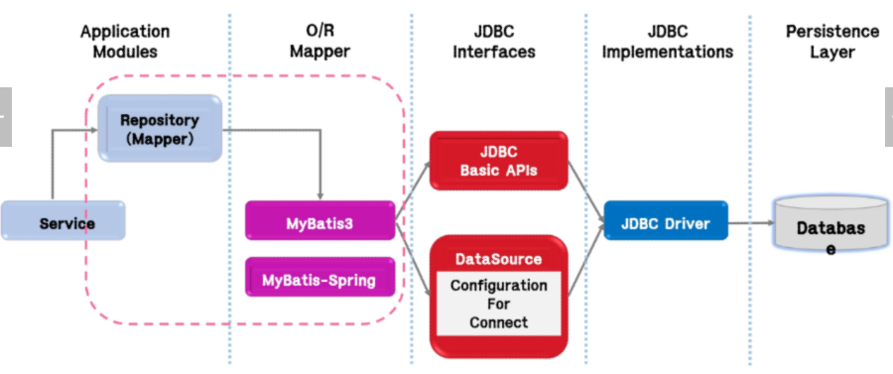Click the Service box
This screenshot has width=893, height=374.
(63, 220)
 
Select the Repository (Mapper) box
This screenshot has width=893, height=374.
(160, 128)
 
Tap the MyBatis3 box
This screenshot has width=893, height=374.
(320, 221)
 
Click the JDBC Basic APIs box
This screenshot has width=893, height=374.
(499, 161)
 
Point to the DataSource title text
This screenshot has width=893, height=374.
(499, 260)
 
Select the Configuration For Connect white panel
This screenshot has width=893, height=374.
(499, 304)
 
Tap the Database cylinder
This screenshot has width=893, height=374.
(830, 222)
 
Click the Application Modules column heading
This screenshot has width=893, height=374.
(125, 42)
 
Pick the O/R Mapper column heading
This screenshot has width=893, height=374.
(320, 42)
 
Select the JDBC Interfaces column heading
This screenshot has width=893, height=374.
(494, 42)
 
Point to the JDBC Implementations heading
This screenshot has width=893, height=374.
(668, 42)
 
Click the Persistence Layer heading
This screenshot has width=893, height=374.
(832, 42)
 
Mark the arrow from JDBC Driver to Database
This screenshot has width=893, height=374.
(751, 222)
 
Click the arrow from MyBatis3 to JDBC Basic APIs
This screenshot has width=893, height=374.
(413, 190)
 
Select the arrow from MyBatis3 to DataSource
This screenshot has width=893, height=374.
(413, 257)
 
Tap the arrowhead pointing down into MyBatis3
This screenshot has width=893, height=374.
(320, 196)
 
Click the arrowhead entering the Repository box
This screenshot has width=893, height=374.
(94, 130)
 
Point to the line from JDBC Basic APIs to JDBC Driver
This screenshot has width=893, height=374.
(586, 190)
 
